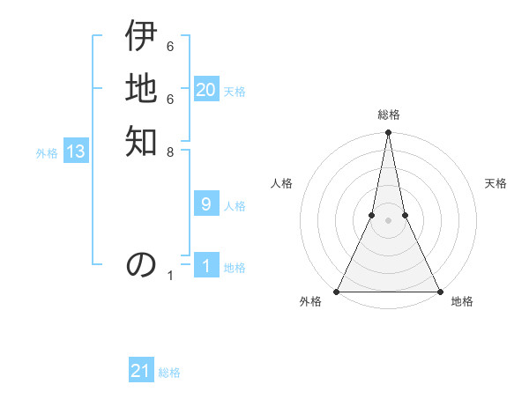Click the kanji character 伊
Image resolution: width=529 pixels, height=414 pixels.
[141, 37]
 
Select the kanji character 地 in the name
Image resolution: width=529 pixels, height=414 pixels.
[141, 88]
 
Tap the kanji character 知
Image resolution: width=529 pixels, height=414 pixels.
[141, 141]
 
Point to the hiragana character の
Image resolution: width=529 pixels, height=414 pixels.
[141, 264]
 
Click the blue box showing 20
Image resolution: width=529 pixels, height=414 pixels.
[206, 90]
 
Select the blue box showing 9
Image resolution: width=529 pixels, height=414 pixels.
[206, 204]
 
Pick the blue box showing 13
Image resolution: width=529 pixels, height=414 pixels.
[76, 152]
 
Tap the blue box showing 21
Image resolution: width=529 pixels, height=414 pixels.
[141, 371]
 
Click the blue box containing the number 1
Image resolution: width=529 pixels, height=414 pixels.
[206, 266]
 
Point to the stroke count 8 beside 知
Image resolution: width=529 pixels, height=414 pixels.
[170, 152]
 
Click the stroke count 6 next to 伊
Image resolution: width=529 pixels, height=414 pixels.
[170, 46]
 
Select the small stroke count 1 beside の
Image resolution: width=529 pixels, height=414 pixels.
[170, 277]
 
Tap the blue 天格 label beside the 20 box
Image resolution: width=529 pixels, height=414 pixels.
[235, 92]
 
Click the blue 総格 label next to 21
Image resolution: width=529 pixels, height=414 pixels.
[169, 373]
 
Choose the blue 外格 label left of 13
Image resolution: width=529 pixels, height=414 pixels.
[47, 153]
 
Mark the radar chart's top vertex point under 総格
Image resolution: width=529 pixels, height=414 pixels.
[388, 133]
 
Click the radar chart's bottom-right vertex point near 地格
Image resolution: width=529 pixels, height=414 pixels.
[439, 292]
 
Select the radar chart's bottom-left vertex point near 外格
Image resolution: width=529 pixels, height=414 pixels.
[337, 292]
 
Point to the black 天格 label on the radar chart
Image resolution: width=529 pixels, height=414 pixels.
[495, 183]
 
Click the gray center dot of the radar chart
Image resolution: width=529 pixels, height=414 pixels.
[388, 220]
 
